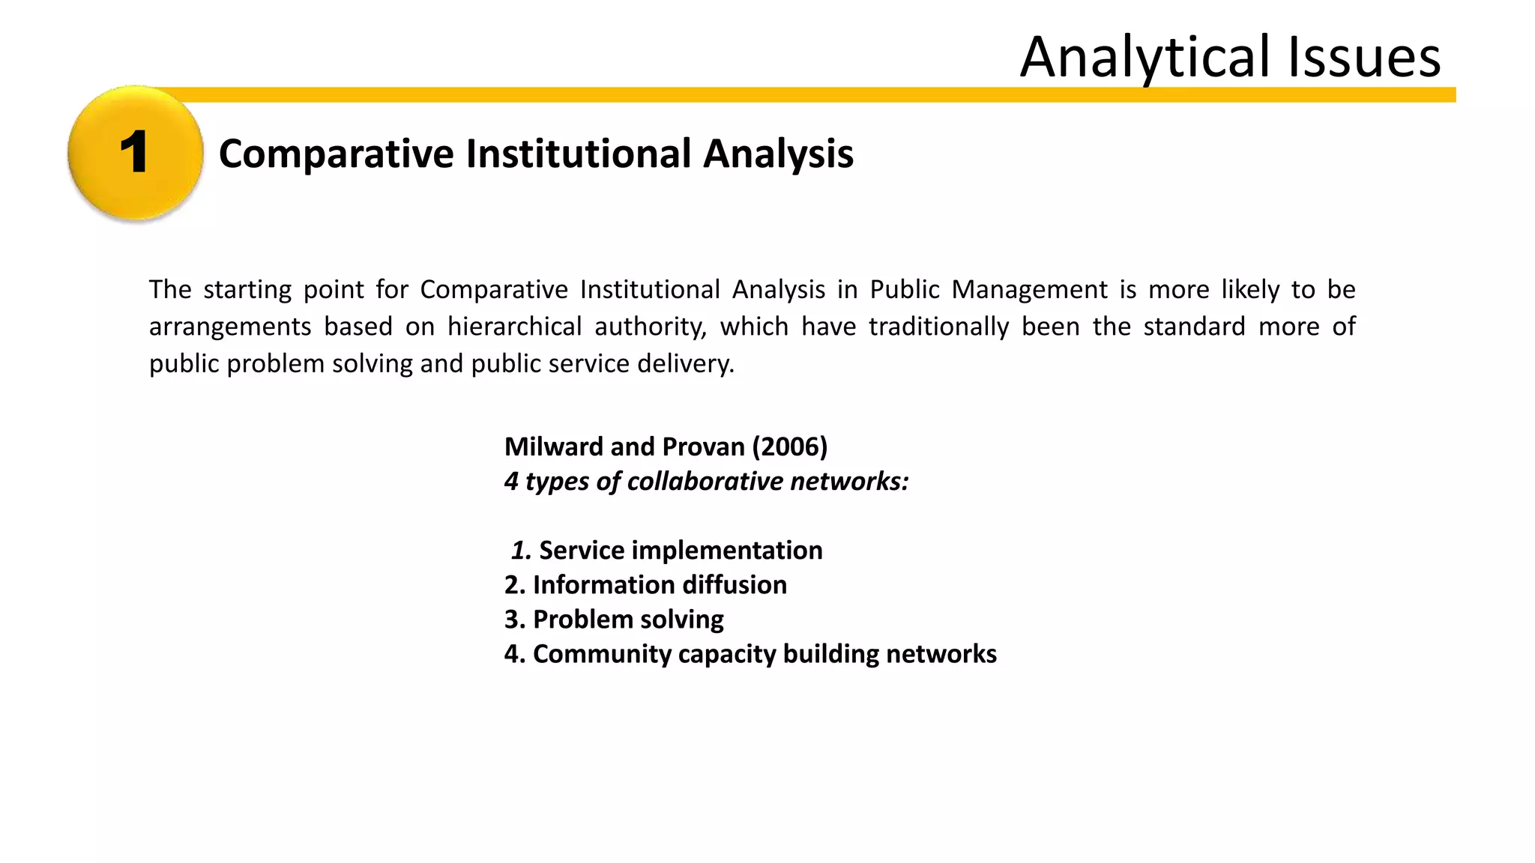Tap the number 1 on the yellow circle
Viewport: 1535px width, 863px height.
click(x=134, y=153)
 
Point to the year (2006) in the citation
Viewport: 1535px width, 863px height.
click(x=789, y=446)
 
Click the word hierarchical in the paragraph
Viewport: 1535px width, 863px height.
click(x=514, y=327)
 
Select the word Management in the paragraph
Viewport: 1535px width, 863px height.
click(x=1029, y=289)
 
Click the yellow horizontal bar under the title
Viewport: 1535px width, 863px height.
click(x=750, y=94)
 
